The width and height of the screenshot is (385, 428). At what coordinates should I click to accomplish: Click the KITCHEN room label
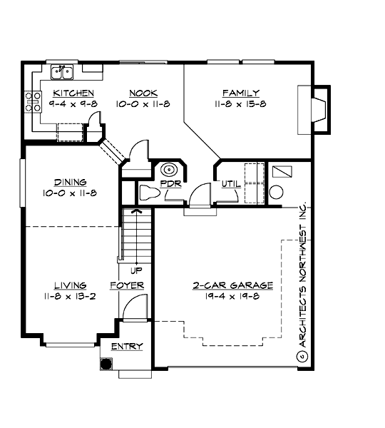[73, 93]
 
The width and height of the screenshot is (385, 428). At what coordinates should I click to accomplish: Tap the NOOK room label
[143, 93]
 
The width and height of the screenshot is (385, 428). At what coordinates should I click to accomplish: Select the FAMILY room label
[240, 93]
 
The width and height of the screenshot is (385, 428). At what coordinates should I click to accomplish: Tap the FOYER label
[127, 285]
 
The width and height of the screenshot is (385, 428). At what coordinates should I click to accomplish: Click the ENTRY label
[127, 347]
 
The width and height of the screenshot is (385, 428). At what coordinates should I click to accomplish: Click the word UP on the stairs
[134, 270]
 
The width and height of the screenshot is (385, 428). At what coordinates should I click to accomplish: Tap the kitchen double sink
[63, 71]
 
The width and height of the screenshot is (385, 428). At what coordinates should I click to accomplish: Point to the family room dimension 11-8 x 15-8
[240, 103]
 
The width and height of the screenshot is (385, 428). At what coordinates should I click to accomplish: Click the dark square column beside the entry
[106, 363]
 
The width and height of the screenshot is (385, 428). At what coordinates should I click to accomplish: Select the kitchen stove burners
[32, 101]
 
